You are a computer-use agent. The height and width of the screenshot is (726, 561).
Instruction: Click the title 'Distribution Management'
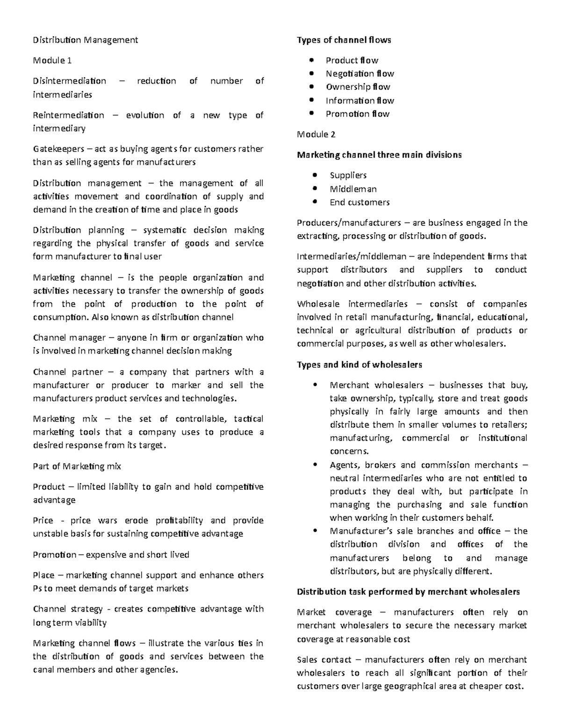85,40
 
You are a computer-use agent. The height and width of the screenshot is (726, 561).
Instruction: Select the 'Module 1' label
52,60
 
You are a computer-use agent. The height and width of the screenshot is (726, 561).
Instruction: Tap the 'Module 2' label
316,134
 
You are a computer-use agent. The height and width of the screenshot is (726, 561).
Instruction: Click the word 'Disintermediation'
69,81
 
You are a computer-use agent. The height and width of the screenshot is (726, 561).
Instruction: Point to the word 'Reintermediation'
68,115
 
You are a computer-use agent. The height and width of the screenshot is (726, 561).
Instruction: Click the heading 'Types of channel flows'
344,40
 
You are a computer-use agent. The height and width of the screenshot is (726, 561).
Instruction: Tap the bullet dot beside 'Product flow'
311,60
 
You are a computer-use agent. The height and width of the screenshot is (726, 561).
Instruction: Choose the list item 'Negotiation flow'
360,73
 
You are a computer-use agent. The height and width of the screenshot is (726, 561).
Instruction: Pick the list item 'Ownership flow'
358,86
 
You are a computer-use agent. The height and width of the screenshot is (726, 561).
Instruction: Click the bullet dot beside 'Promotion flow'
311,114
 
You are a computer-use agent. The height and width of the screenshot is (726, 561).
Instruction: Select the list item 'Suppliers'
348,175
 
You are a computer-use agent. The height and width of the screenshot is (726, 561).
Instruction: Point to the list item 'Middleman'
353,189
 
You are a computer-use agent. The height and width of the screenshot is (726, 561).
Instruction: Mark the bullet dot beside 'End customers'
316,202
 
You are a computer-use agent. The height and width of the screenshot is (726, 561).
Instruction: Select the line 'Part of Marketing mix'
77,466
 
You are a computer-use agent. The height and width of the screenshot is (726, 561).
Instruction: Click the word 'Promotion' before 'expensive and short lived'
54,555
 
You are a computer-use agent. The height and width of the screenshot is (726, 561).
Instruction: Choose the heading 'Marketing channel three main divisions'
379,155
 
